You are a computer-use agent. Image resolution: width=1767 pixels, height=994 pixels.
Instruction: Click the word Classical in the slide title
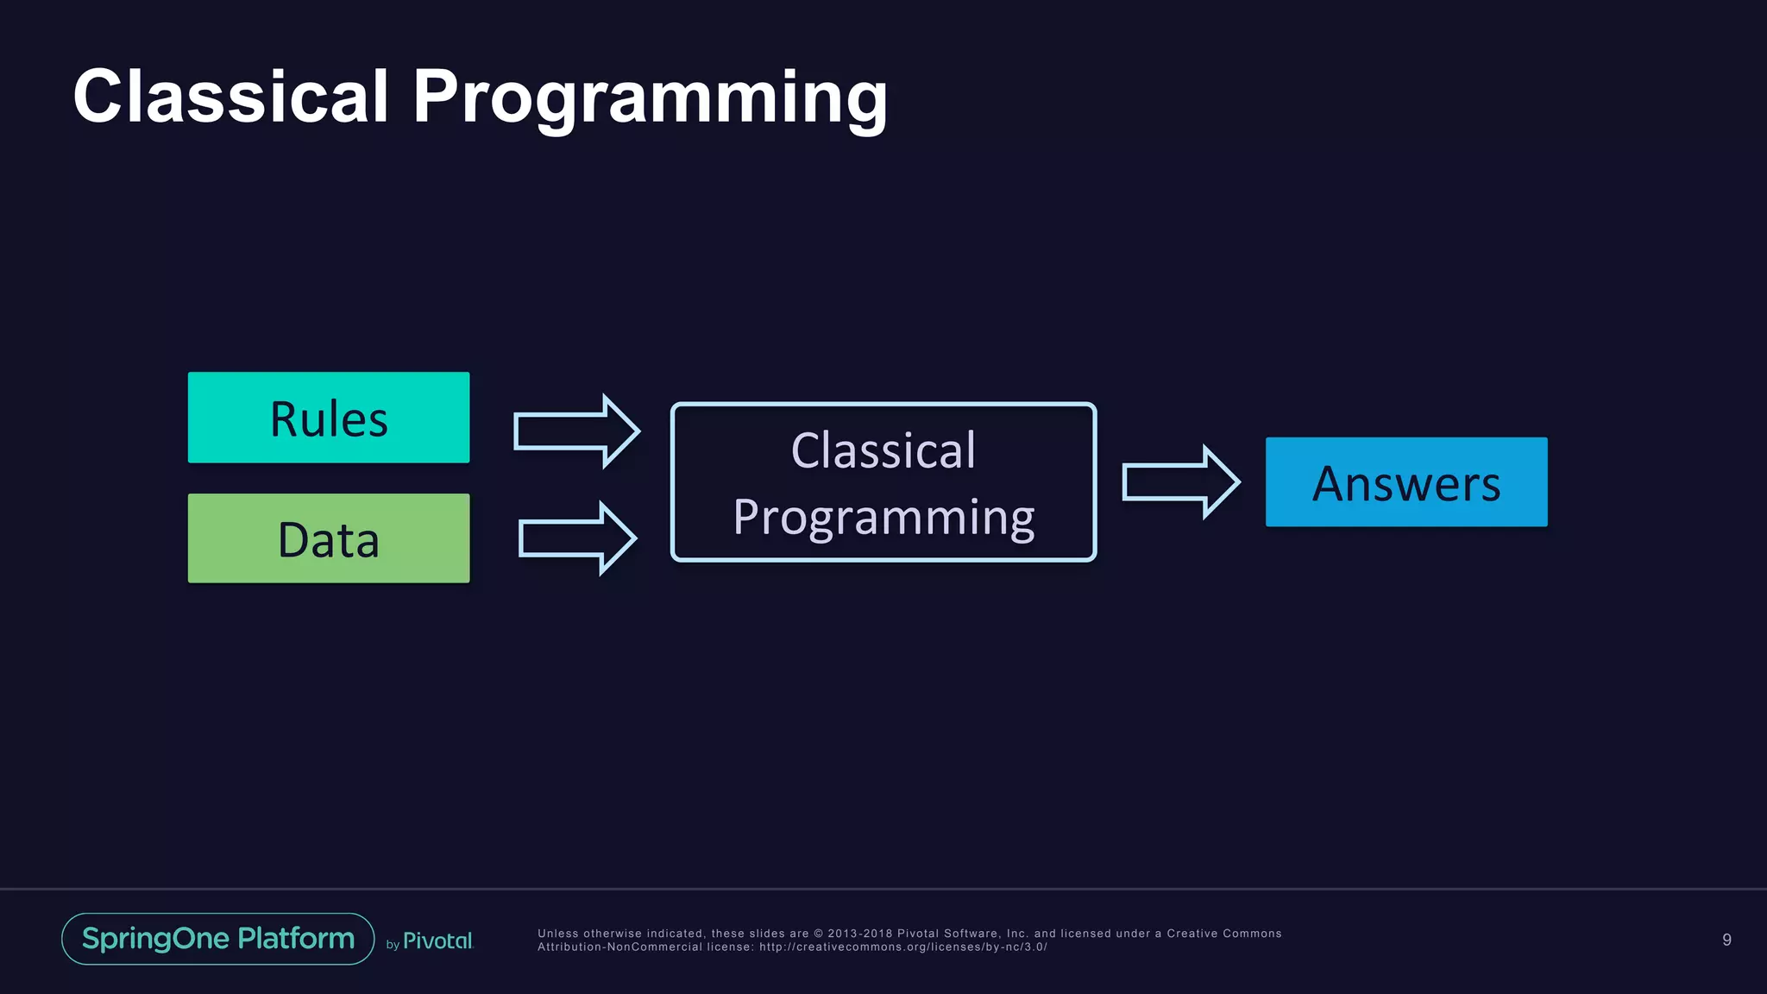[x=230, y=97]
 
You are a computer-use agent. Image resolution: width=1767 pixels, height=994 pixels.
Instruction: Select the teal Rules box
[x=329, y=418]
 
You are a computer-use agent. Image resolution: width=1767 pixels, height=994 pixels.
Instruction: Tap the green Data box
[x=329, y=538]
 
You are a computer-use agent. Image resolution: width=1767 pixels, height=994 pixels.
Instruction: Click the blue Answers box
[x=1405, y=482]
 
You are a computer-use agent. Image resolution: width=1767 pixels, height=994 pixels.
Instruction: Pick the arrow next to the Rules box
[x=576, y=431]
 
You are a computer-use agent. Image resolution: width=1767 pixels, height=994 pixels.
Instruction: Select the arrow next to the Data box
[x=576, y=538]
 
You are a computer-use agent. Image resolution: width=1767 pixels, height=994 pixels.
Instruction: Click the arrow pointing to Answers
[x=1180, y=482]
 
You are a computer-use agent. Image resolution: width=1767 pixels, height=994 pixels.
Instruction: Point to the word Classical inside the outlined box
[x=883, y=450]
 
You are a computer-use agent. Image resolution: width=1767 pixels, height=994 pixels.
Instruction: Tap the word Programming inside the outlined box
[x=883, y=517]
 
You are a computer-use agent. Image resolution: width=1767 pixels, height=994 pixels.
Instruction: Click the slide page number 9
[x=1726, y=940]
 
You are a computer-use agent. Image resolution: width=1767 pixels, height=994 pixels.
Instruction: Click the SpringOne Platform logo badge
[x=218, y=939]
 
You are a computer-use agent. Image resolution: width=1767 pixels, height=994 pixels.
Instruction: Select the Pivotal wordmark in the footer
[x=437, y=941]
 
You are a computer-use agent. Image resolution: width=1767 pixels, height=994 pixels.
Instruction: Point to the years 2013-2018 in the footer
[x=860, y=934]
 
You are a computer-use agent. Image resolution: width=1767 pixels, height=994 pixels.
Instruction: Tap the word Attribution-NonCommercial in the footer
[x=619, y=947]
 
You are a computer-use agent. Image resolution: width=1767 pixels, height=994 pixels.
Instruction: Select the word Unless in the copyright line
[x=558, y=934]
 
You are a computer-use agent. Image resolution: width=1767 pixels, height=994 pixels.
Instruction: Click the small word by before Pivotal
[x=393, y=945]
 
